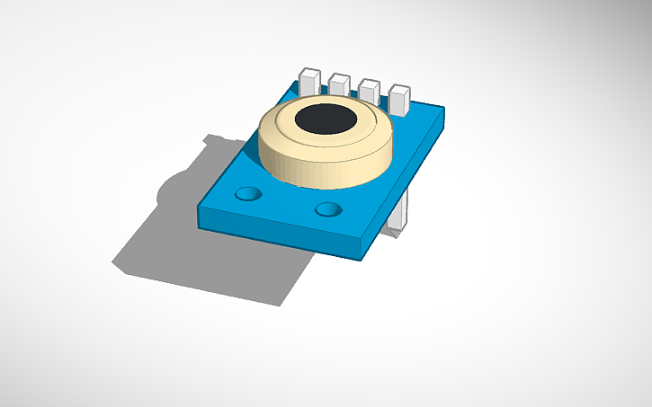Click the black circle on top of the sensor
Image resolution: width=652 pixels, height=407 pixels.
[x=326, y=118]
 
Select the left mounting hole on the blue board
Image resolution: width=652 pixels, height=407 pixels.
[x=246, y=193]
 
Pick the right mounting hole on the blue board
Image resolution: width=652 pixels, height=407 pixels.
[x=328, y=209]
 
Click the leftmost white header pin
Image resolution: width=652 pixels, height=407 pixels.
[x=309, y=80]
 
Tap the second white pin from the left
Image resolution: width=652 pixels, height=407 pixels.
[x=339, y=85]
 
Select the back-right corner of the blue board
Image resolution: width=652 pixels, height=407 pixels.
[x=444, y=109]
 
